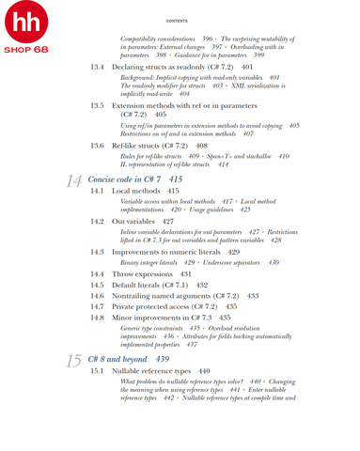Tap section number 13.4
98,69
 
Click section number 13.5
98,108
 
